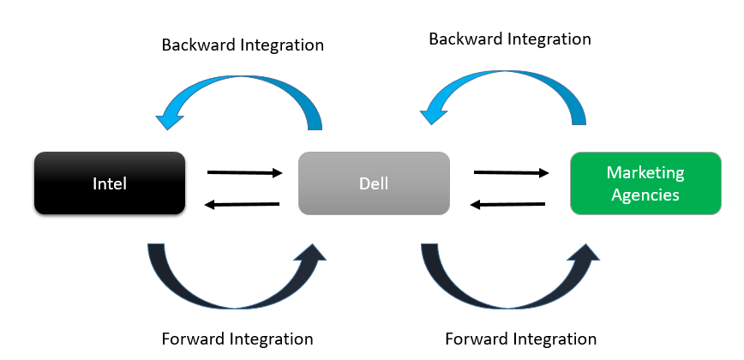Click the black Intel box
click(x=110, y=183)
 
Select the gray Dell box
click(x=374, y=183)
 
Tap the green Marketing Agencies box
click(x=645, y=183)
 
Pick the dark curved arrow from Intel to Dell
click(x=236, y=303)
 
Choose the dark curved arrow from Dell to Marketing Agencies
click(x=509, y=303)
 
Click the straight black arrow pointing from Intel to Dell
click(x=245, y=172)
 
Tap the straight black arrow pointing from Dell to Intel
click(x=242, y=204)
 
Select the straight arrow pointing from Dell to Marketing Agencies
click(x=512, y=172)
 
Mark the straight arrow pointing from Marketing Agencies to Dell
click(x=507, y=204)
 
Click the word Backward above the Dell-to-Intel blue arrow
click(x=199, y=45)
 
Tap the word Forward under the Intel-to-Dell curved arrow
click(x=193, y=339)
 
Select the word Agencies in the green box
click(x=645, y=195)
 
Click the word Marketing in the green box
click(x=645, y=172)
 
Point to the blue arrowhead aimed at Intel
click(x=170, y=118)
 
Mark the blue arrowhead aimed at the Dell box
click(x=434, y=114)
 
